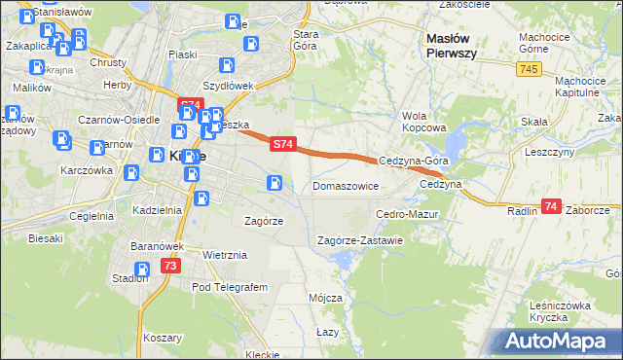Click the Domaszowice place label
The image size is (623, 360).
(x=345, y=185)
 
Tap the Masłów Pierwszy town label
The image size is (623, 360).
(x=451, y=46)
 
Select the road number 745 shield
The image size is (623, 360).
(x=529, y=69)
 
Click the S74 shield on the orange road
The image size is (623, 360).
(x=281, y=144)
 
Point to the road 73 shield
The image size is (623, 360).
(x=171, y=266)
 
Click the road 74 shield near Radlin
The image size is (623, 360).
(x=552, y=206)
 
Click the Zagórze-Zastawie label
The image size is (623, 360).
(x=360, y=240)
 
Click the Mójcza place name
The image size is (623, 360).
(x=324, y=297)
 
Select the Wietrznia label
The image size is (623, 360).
(x=225, y=255)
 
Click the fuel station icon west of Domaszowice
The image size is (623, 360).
(x=275, y=182)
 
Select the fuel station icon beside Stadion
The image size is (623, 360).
(x=142, y=270)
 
